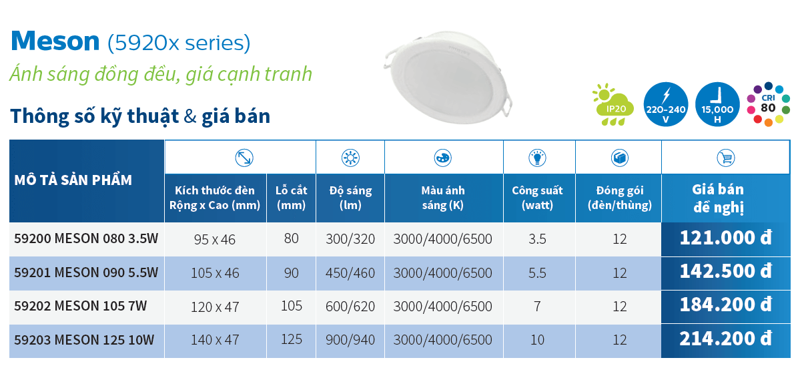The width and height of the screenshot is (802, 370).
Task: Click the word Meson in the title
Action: click(55, 41)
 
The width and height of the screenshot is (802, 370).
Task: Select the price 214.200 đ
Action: click(725, 339)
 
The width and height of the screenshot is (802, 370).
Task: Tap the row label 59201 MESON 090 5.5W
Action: click(86, 272)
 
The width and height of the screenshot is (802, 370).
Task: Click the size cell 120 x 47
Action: click(215, 307)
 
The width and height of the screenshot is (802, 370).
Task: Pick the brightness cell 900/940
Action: click(350, 340)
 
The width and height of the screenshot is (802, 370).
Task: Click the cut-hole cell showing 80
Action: click(292, 238)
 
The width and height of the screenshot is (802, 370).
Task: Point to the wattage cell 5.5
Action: click(537, 272)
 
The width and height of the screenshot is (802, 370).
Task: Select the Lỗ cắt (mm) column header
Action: click(292, 198)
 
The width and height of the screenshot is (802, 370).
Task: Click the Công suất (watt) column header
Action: click(537, 198)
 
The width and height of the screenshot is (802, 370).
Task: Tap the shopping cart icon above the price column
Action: click(725, 158)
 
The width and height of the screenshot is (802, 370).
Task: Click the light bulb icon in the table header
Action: click(537, 158)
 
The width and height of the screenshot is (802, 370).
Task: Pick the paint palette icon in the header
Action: click(443, 158)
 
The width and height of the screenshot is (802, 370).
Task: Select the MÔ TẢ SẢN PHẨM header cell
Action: click(73, 180)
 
